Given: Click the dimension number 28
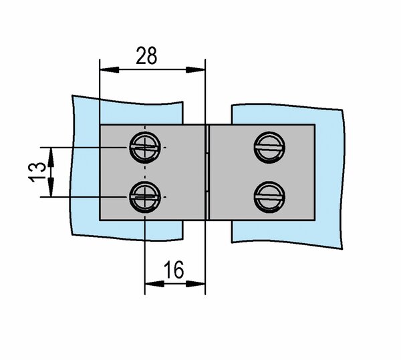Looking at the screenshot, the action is point(146,55).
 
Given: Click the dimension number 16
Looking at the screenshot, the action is point(174,270).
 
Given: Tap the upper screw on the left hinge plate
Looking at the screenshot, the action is point(145,148).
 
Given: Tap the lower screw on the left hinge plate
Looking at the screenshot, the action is point(145,197).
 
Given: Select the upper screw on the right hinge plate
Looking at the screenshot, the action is point(269,148).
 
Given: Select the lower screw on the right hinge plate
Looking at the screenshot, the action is point(269,197).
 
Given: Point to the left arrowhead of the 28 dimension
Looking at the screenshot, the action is point(110,69).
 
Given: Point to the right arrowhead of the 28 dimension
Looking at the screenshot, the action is point(195,69).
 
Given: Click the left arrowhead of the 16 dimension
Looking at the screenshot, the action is point(154,284).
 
